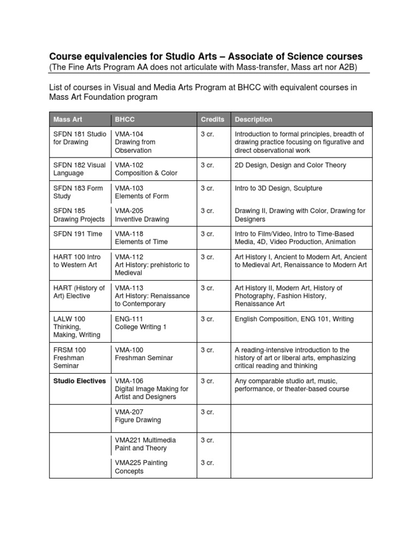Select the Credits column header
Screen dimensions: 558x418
click(x=212, y=119)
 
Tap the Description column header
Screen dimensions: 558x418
click(x=253, y=119)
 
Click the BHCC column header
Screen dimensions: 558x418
click(x=124, y=119)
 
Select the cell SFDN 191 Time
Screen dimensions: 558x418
click(x=78, y=233)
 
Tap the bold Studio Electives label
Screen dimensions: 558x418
click(x=79, y=381)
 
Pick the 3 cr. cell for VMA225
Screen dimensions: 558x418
click(x=207, y=463)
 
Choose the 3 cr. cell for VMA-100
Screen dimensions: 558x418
click(x=207, y=350)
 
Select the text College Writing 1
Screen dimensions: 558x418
click(x=140, y=327)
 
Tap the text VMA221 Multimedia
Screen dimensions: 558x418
click(x=145, y=440)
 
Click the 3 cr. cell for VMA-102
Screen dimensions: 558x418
click(x=207, y=165)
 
